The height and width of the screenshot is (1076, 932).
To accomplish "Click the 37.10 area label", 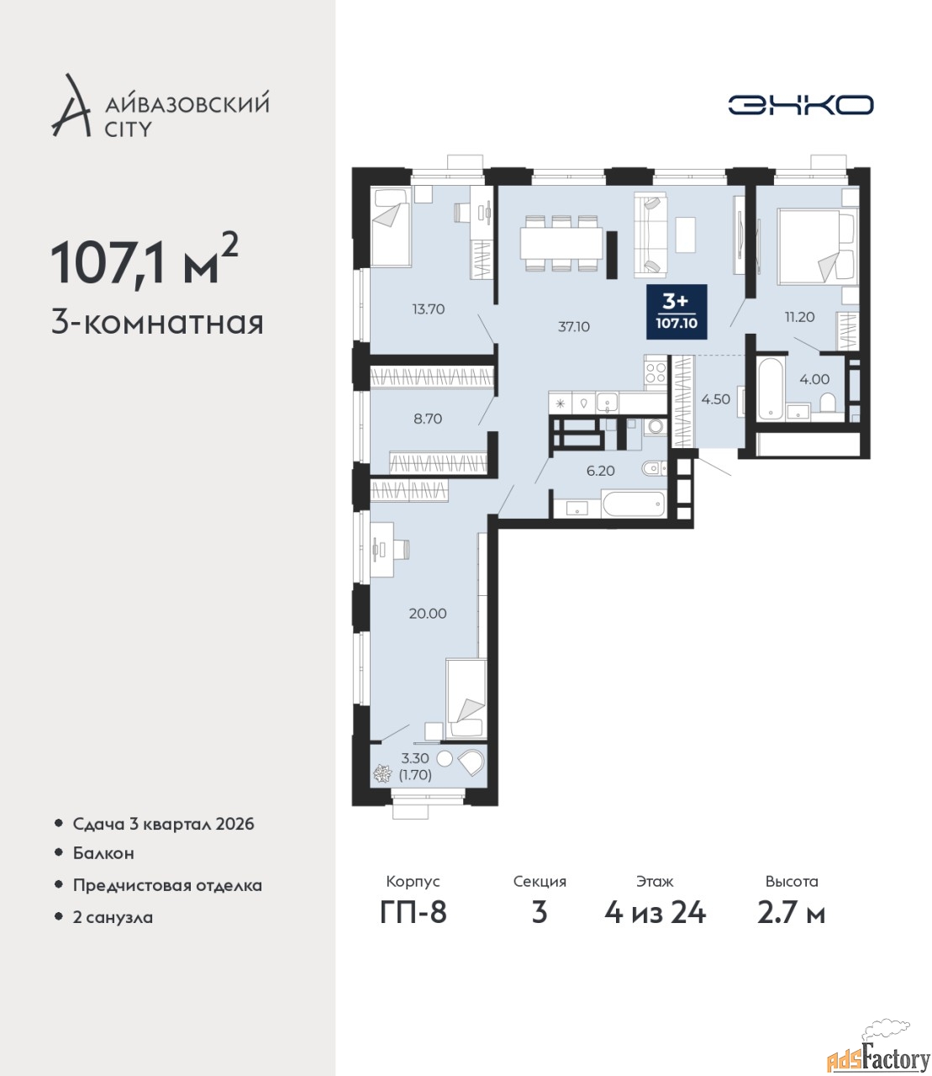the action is (x=573, y=327).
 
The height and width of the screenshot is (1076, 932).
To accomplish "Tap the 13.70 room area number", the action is (x=429, y=309).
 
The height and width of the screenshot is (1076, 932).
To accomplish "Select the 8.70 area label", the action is (x=428, y=419).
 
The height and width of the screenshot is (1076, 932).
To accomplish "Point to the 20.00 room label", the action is (x=428, y=613).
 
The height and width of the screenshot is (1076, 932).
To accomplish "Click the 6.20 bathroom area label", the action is (x=601, y=471).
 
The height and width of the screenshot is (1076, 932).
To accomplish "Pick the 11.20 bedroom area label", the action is (x=799, y=317).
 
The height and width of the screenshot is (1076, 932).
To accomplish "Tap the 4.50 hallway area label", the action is (x=715, y=399).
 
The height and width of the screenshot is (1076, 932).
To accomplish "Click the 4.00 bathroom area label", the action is (x=814, y=379).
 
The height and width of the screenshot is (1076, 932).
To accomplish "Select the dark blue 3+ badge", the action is (x=677, y=312).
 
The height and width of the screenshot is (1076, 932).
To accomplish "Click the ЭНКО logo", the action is (x=800, y=104).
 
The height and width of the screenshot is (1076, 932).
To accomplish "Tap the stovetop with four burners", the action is (x=656, y=372).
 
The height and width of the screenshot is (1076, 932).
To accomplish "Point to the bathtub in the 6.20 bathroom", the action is (x=633, y=504).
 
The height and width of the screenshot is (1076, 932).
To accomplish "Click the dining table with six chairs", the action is (x=561, y=243).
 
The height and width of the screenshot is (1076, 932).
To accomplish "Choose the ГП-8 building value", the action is (x=413, y=913).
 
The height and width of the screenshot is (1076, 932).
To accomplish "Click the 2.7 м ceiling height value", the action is (x=791, y=913).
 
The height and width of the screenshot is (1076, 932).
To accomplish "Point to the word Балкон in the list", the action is (x=103, y=853).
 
